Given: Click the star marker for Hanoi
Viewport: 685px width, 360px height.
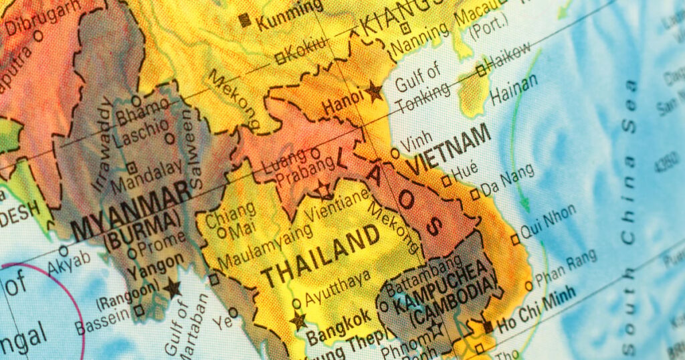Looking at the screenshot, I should coord(373,92).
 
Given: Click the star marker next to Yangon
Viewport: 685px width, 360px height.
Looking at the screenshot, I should coord(173,288).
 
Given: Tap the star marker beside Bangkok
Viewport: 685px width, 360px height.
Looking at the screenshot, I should coord(298,320).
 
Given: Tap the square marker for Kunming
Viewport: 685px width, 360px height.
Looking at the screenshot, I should coord(245,19).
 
